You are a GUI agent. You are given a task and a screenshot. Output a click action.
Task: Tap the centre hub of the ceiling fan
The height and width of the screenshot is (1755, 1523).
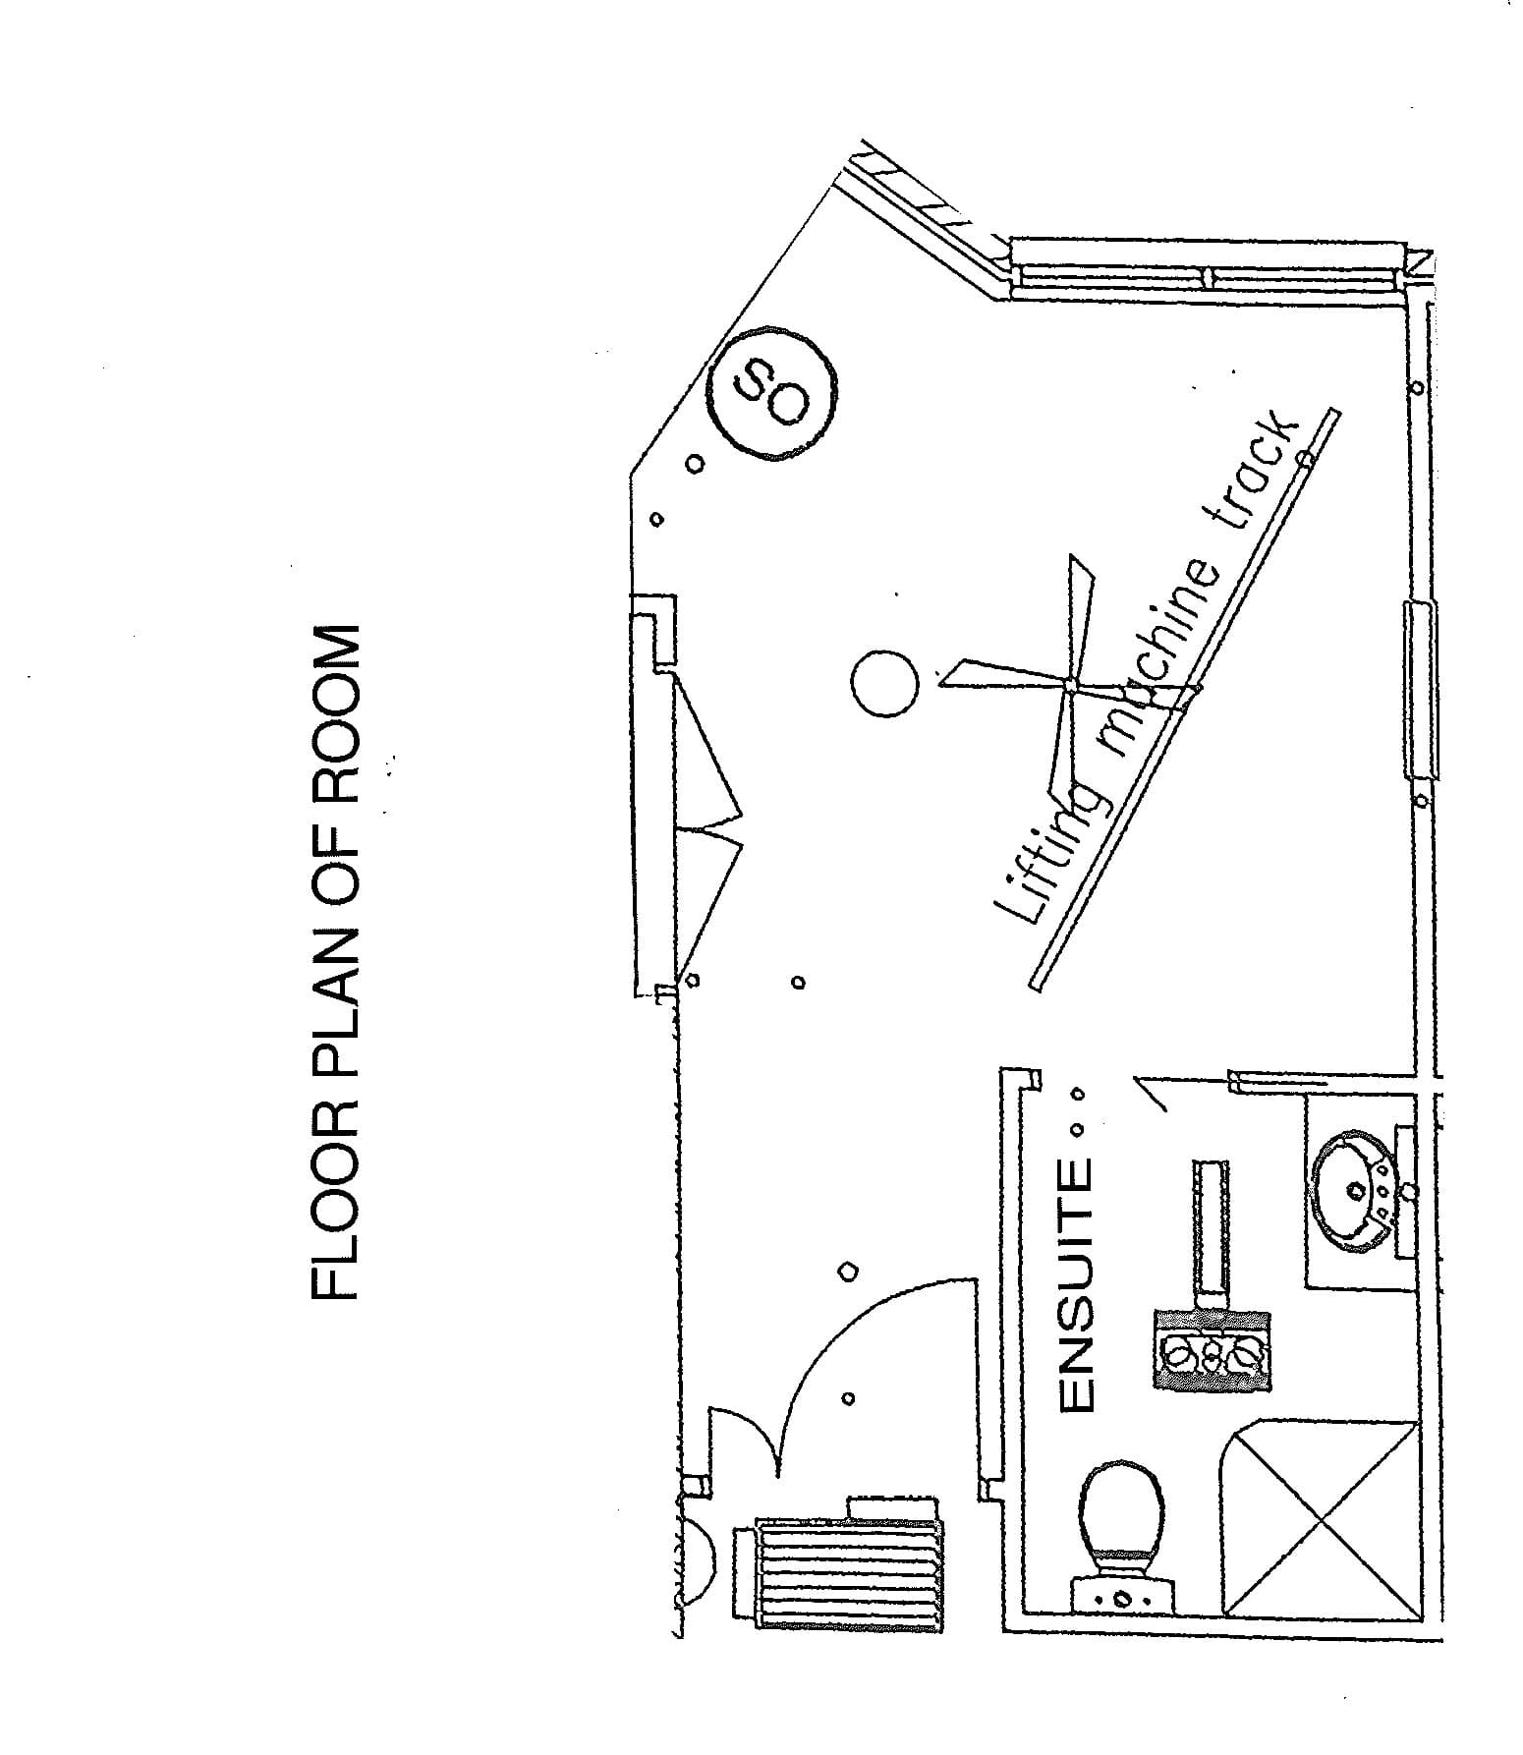[1069, 684]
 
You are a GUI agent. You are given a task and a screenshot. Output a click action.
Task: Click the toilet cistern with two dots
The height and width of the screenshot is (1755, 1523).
[1120, 1596]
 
